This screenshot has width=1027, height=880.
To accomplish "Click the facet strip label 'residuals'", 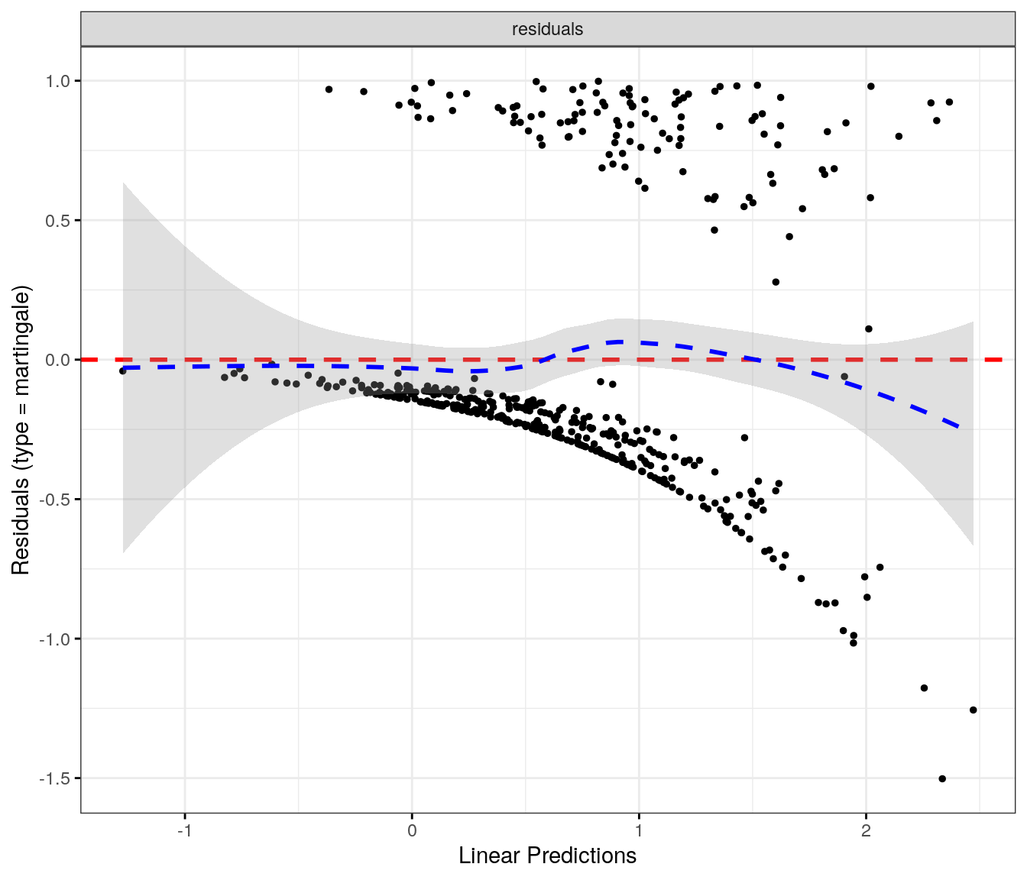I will coord(547,30).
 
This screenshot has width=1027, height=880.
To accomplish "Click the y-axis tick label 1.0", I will coord(58,81).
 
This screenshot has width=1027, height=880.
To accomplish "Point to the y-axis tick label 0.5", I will coord(58,221).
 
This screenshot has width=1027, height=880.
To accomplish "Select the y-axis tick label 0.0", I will coord(58,360).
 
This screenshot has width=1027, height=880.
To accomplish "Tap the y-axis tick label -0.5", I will coord(56,500).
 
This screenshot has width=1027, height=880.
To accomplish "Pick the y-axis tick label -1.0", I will coord(56,639).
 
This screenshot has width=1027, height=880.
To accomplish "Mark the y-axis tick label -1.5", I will coord(56,778).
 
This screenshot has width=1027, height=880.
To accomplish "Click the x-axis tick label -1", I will coord(184,831).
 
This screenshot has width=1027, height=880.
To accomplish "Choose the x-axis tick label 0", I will coord(412,831).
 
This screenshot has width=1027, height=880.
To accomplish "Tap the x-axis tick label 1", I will coord(639,831).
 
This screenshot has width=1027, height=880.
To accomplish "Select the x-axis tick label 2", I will coord(866,831).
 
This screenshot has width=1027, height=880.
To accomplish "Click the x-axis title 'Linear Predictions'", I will coord(547,856).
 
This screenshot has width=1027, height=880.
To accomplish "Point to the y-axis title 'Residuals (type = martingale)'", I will coord(21,430).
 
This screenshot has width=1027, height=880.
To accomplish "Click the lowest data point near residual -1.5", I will coord(942,779).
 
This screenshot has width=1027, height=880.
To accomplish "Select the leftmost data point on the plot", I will coord(122,370).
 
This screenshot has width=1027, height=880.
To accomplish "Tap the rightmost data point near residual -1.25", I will coord(973,710).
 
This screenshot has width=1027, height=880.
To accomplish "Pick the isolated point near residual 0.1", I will coord(868,329).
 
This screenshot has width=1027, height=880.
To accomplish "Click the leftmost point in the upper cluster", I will coord(329,89).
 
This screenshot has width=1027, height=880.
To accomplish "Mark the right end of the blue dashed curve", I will coord(958,425).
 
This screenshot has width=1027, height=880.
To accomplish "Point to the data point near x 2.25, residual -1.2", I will coord(924,688).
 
